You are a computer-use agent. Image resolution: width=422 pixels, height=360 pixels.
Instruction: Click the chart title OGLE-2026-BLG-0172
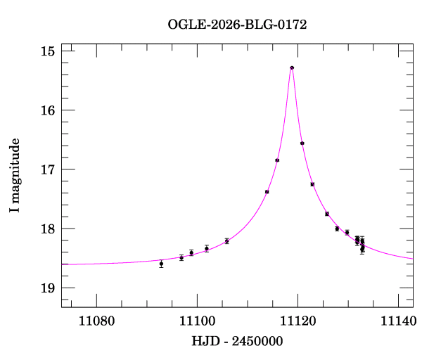[237, 24]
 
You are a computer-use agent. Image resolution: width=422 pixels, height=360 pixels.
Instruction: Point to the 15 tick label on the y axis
[49, 51]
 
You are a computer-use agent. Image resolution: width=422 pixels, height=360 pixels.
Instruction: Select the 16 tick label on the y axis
[49, 110]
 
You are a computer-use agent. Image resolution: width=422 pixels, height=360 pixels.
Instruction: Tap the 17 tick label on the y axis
[49, 169]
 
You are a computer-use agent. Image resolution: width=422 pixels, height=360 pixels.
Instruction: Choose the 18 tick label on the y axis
[49, 229]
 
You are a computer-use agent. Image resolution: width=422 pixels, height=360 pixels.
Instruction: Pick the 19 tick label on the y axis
[49, 288]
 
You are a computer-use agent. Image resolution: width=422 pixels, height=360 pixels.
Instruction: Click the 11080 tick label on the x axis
[96, 321]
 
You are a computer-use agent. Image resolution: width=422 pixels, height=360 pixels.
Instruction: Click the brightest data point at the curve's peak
[292, 67]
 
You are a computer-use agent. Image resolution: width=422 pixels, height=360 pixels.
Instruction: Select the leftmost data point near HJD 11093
[161, 264]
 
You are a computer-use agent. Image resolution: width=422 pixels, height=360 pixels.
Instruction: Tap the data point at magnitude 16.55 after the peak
[302, 143]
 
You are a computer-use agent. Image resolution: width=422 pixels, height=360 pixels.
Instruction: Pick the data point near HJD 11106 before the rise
[226, 241]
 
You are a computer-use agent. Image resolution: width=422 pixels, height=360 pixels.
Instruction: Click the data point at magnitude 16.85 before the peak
[277, 160]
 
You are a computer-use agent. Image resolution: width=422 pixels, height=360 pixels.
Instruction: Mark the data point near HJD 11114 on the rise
[267, 192]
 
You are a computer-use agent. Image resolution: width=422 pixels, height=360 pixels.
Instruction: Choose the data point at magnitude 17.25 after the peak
[312, 184]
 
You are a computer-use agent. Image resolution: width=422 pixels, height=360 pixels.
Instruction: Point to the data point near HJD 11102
[207, 248]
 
